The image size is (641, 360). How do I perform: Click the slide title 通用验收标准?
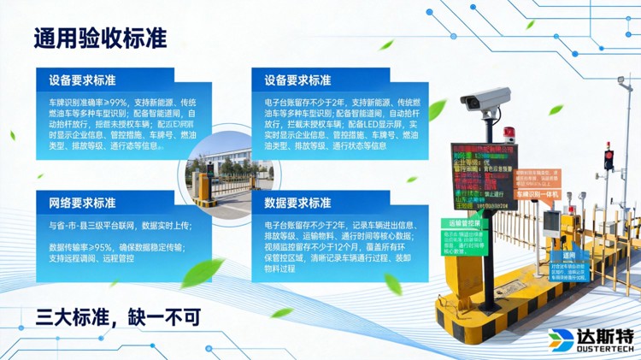point(100,39)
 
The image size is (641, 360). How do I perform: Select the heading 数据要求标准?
point(297,204)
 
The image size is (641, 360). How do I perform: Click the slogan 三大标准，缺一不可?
point(117,317)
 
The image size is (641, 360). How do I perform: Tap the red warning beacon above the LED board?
point(509,133)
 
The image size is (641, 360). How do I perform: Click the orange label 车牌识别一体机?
point(535,195)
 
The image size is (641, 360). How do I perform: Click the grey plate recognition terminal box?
point(553,224)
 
